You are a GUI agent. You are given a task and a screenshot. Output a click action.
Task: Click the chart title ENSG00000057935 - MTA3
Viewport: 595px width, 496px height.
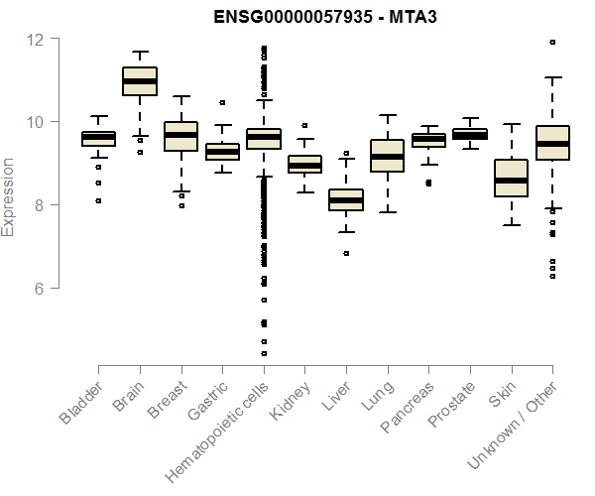327,17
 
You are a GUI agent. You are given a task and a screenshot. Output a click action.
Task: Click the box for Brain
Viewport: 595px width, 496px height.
140,81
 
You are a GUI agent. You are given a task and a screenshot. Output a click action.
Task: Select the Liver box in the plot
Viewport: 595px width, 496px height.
346,200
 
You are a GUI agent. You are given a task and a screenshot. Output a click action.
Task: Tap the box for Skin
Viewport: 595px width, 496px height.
511,179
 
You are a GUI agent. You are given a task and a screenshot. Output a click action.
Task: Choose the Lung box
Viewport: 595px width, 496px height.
387,156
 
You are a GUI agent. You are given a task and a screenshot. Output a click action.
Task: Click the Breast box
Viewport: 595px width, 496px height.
180,136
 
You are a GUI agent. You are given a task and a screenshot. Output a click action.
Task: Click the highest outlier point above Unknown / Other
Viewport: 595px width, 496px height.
552,42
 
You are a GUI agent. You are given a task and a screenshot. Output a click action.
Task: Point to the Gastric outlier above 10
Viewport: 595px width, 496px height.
222,102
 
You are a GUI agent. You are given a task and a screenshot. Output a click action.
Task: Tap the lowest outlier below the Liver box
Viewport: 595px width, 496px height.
346,253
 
